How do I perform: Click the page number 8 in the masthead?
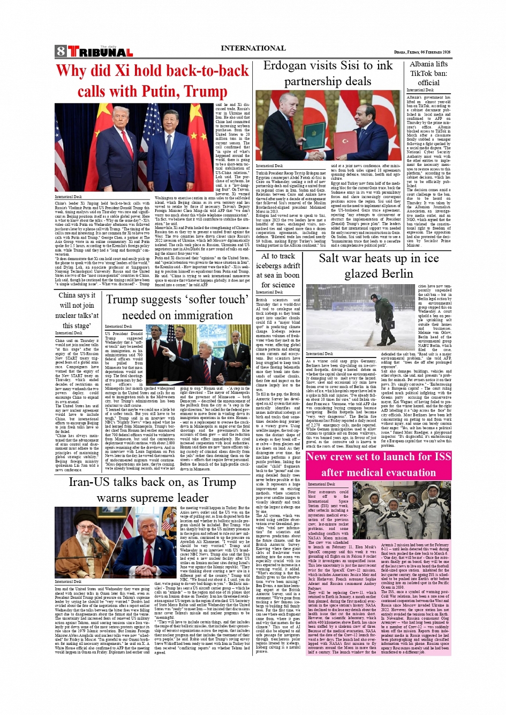coord(60,52)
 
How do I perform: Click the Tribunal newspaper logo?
coord(100,52)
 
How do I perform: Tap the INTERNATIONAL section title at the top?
coord(253,48)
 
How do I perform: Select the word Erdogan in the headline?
coord(289,66)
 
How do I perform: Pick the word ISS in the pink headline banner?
coord(442,457)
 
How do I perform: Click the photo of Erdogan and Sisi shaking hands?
coord(328,126)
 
